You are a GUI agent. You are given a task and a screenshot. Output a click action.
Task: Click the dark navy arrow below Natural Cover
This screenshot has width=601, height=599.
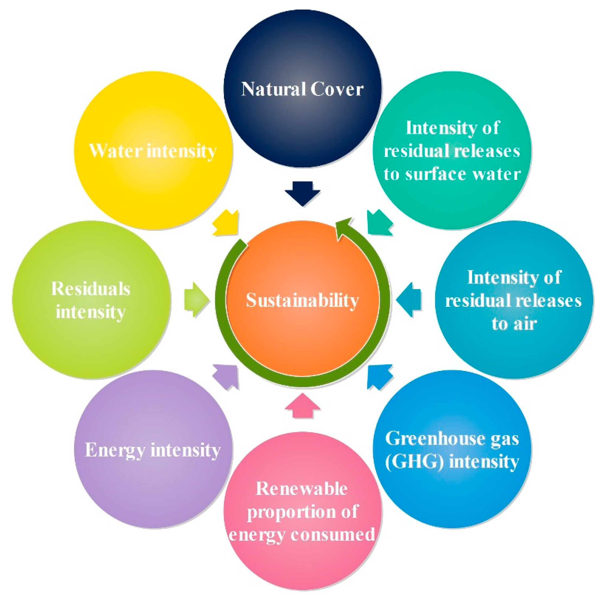302,193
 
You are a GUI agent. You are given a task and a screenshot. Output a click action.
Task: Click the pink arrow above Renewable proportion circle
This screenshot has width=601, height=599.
302,406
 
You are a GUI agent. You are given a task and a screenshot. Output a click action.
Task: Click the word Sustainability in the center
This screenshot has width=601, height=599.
302,300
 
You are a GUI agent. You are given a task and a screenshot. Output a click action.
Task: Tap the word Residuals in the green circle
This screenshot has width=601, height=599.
91,289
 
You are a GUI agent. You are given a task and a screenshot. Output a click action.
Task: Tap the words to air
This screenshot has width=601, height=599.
514,323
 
